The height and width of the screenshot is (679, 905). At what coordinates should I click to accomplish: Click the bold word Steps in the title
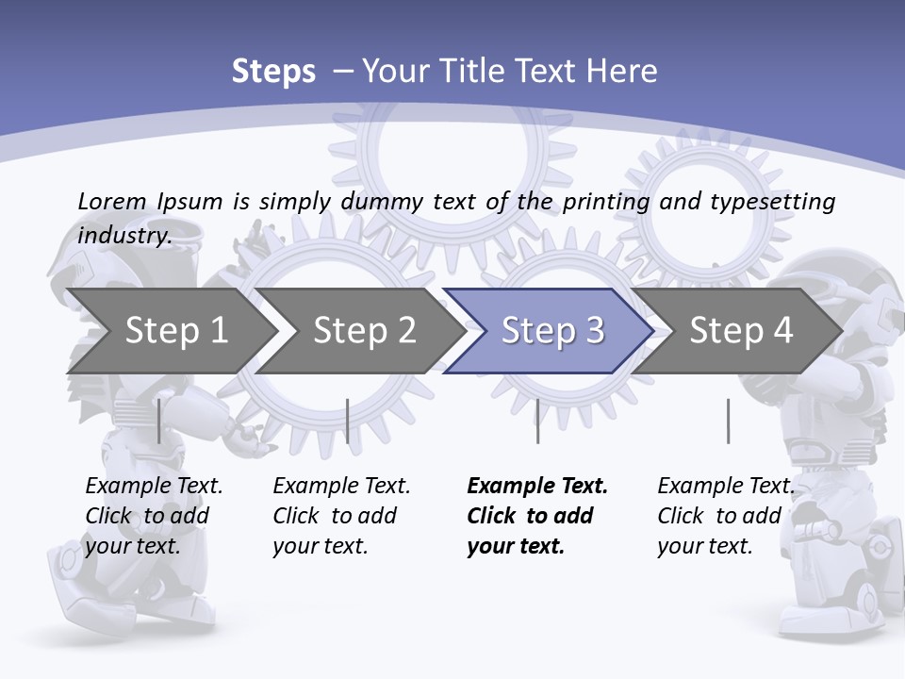click(x=273, y=72)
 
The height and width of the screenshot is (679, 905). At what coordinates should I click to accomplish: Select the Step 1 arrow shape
click(x=170, y=331)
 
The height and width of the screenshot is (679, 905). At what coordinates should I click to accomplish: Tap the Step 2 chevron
click(x=364, y=331)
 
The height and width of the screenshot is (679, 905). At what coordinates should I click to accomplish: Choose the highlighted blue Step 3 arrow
click(x=551, y=331)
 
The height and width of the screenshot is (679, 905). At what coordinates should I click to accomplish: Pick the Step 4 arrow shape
click(x=741, y=331)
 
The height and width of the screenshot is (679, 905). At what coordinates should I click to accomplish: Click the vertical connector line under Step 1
click(x=158, y=421)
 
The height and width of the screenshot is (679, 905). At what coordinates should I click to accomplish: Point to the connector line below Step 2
click(x=348, y=421)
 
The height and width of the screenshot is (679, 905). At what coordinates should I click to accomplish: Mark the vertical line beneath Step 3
click(x=537, y=421)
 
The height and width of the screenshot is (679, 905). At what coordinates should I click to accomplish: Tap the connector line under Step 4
click(x=728, y=421)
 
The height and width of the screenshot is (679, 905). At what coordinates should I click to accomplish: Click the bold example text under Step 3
click(x=536, y=516)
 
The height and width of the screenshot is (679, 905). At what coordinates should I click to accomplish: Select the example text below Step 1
click(x=154, y=516)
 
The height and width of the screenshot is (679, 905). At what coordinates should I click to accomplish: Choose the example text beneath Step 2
click(x=341, y=516)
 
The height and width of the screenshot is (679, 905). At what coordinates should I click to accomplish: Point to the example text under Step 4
click(x=725, y=516)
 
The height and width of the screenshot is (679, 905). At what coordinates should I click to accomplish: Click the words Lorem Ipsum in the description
click(x=150, y=201)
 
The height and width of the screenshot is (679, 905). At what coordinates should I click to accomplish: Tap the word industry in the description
click(x=124, y=235)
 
